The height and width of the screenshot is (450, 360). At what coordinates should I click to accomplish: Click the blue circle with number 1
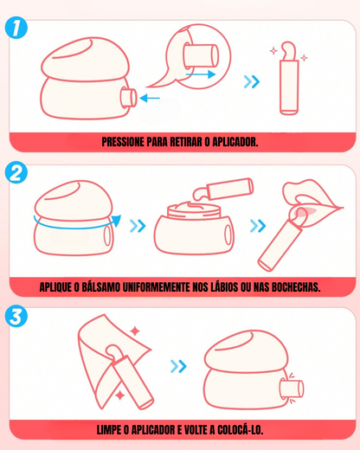(x=16, y=29)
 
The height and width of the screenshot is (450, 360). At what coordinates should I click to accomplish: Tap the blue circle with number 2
(x=16, y=172)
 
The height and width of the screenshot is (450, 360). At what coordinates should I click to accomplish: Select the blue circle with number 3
(x=16, y=316)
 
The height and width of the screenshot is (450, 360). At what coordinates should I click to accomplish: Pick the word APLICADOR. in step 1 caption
(x=235, y=142)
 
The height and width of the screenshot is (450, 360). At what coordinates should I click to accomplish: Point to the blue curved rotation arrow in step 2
(x=75, y=228)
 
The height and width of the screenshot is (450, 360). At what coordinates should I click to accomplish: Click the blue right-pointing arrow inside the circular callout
(x=201, y=74)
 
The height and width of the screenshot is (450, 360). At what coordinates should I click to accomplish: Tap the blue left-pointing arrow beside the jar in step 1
(x=150, y=98)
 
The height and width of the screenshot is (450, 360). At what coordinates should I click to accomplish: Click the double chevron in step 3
(x=178, y=366)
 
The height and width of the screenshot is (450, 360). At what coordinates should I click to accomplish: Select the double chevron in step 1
(x=252, y=81)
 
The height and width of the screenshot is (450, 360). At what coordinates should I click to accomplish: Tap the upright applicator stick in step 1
(x=289, y=84)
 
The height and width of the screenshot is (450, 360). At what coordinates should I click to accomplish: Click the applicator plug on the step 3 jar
(x=292, y=389)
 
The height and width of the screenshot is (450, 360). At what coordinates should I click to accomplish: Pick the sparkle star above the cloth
(x=135, y=331)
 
